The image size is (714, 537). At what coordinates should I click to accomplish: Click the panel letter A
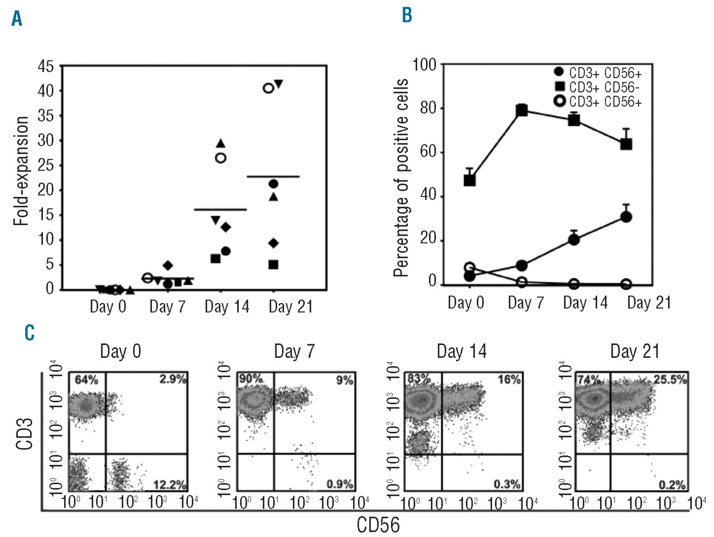[17, 18]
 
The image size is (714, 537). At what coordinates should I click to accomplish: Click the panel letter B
[407, 15]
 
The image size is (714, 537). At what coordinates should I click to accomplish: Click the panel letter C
[30, 333]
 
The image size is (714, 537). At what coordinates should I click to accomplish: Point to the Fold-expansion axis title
[21, 171]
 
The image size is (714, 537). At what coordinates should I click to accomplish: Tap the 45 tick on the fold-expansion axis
[46, 66]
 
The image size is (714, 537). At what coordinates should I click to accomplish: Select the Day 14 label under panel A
[226, 306]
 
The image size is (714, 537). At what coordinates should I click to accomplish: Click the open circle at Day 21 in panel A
[268, 88]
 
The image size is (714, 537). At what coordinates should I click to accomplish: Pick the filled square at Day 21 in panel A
[273, 265]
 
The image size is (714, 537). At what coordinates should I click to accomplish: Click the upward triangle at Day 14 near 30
[220, 143]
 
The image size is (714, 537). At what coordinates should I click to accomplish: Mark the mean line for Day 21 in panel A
[273, 176]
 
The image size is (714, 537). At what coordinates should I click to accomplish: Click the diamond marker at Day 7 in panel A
[168, 266]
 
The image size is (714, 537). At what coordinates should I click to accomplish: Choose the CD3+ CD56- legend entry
[604, 88]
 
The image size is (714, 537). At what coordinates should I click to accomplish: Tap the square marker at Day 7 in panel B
[522, 110]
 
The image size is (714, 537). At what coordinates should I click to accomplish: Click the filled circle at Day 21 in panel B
[626, 217]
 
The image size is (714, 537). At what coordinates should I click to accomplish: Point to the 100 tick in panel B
[424, 65]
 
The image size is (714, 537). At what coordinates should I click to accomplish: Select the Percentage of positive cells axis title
[401, 178]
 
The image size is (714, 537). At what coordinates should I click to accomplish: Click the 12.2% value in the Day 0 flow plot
[170, 484]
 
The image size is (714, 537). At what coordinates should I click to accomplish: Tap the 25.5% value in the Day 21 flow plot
[670, 380]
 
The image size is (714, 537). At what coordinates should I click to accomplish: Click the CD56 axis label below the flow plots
[378, 525]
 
